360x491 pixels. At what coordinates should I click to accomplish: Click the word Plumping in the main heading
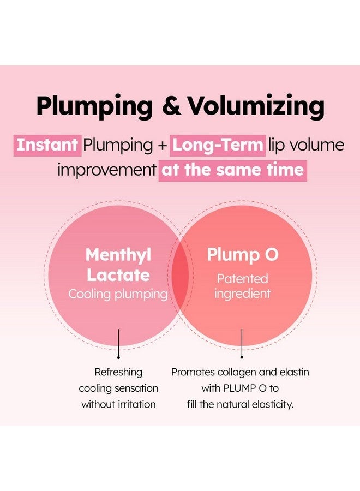pyautogui.click(x=94, y=107)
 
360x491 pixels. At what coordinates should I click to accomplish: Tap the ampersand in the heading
pyautogui.click(x=171, y=105)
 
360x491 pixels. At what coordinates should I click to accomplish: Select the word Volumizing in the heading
pyautogui.click(x=256, y=107)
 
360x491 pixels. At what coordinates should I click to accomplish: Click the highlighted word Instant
pyautogui.click(x=47, y=145)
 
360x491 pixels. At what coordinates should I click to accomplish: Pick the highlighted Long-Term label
pyautogui.click(x=218, y=145)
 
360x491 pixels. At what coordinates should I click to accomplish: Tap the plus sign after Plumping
pyautogui.click(x=163, y=146)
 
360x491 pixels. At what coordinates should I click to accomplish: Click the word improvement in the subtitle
pyautogui.click(x=107, y=170)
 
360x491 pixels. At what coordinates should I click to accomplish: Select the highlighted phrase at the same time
pyautogui.click(x=232, y=170)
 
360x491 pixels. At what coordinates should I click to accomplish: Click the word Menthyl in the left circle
pyautogui.click(x=118, y=255)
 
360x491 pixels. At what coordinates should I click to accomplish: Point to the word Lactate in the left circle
pyautogui.click(x=118, y=276)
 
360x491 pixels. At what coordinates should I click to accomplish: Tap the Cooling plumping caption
pyautogui.click(x=118, y=295)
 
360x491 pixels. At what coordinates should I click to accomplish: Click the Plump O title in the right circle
pyautogui.click(x=243, y=255)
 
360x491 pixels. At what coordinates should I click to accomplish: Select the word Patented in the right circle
pyautogui.click(x=243, y=278)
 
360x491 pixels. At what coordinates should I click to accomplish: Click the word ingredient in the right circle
pyautogui.click(x=243, y=294)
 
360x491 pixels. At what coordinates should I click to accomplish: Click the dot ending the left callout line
pyautogui.click(x=118, y=357)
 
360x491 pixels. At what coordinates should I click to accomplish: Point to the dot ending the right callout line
pyautogui.click(x=242, y=357)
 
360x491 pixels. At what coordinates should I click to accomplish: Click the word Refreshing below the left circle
pyautogui.click(x=118, y=372)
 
